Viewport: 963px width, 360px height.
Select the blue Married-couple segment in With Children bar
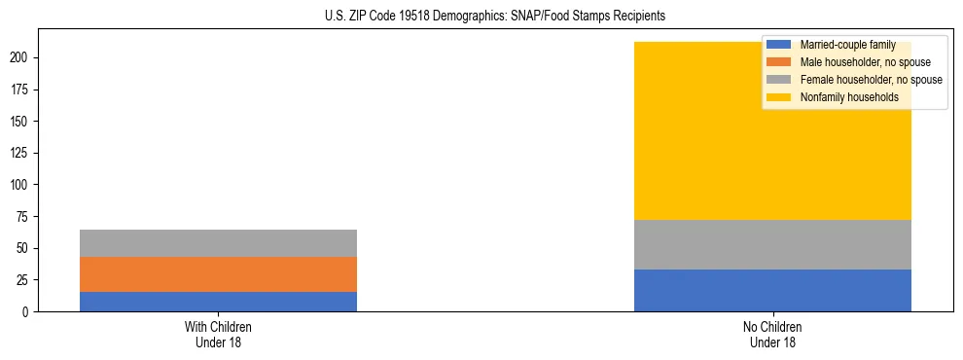coord(218,302)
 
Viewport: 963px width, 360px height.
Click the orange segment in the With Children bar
coord(218,274)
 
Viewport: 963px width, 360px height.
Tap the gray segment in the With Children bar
coord(218,243)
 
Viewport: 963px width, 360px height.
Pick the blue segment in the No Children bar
coord(772,290)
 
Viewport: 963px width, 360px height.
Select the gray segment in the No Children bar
coord(772,245)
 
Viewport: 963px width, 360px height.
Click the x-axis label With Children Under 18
coord(218,334)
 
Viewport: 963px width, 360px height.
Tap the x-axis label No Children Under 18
coord(772,334)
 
